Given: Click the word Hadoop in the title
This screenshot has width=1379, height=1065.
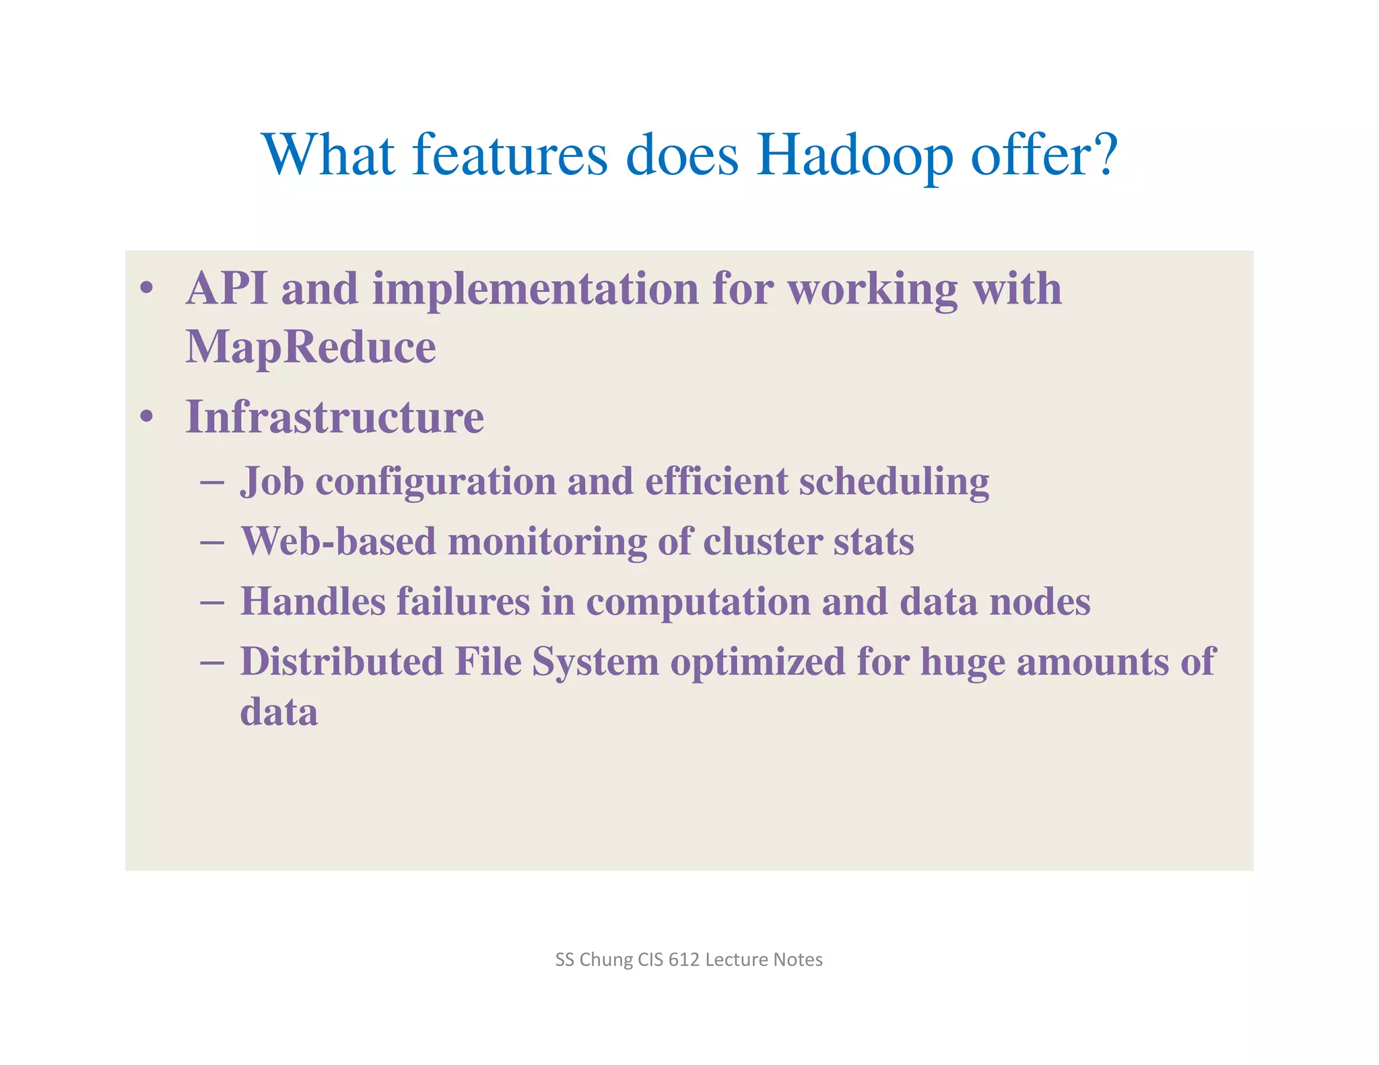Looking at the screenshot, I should coord(854,155).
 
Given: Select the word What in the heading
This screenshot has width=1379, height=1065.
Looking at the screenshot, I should coord(329,155).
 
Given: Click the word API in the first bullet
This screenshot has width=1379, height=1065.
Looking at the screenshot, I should coord(226,289).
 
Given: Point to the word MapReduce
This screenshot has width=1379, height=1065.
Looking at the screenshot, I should coord(310,347).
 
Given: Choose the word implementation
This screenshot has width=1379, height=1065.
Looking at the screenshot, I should coord(535,289).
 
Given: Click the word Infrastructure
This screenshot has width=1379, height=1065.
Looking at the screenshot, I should coord(335,417).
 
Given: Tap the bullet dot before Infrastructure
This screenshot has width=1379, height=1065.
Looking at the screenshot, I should coord(147,417).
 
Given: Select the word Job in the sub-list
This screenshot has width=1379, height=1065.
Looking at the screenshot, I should coord(272,482).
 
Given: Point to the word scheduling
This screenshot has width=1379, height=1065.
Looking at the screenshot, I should coord(894,482).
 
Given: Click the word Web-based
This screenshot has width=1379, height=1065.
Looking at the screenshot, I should coord(339,541).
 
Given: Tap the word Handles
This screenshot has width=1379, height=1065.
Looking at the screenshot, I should coord(313,601).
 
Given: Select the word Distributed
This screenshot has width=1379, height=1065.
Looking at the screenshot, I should coord(341,661).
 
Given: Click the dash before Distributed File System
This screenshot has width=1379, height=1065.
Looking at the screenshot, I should coord(212,662).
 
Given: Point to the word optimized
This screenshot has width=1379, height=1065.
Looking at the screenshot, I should coord(757,661).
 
